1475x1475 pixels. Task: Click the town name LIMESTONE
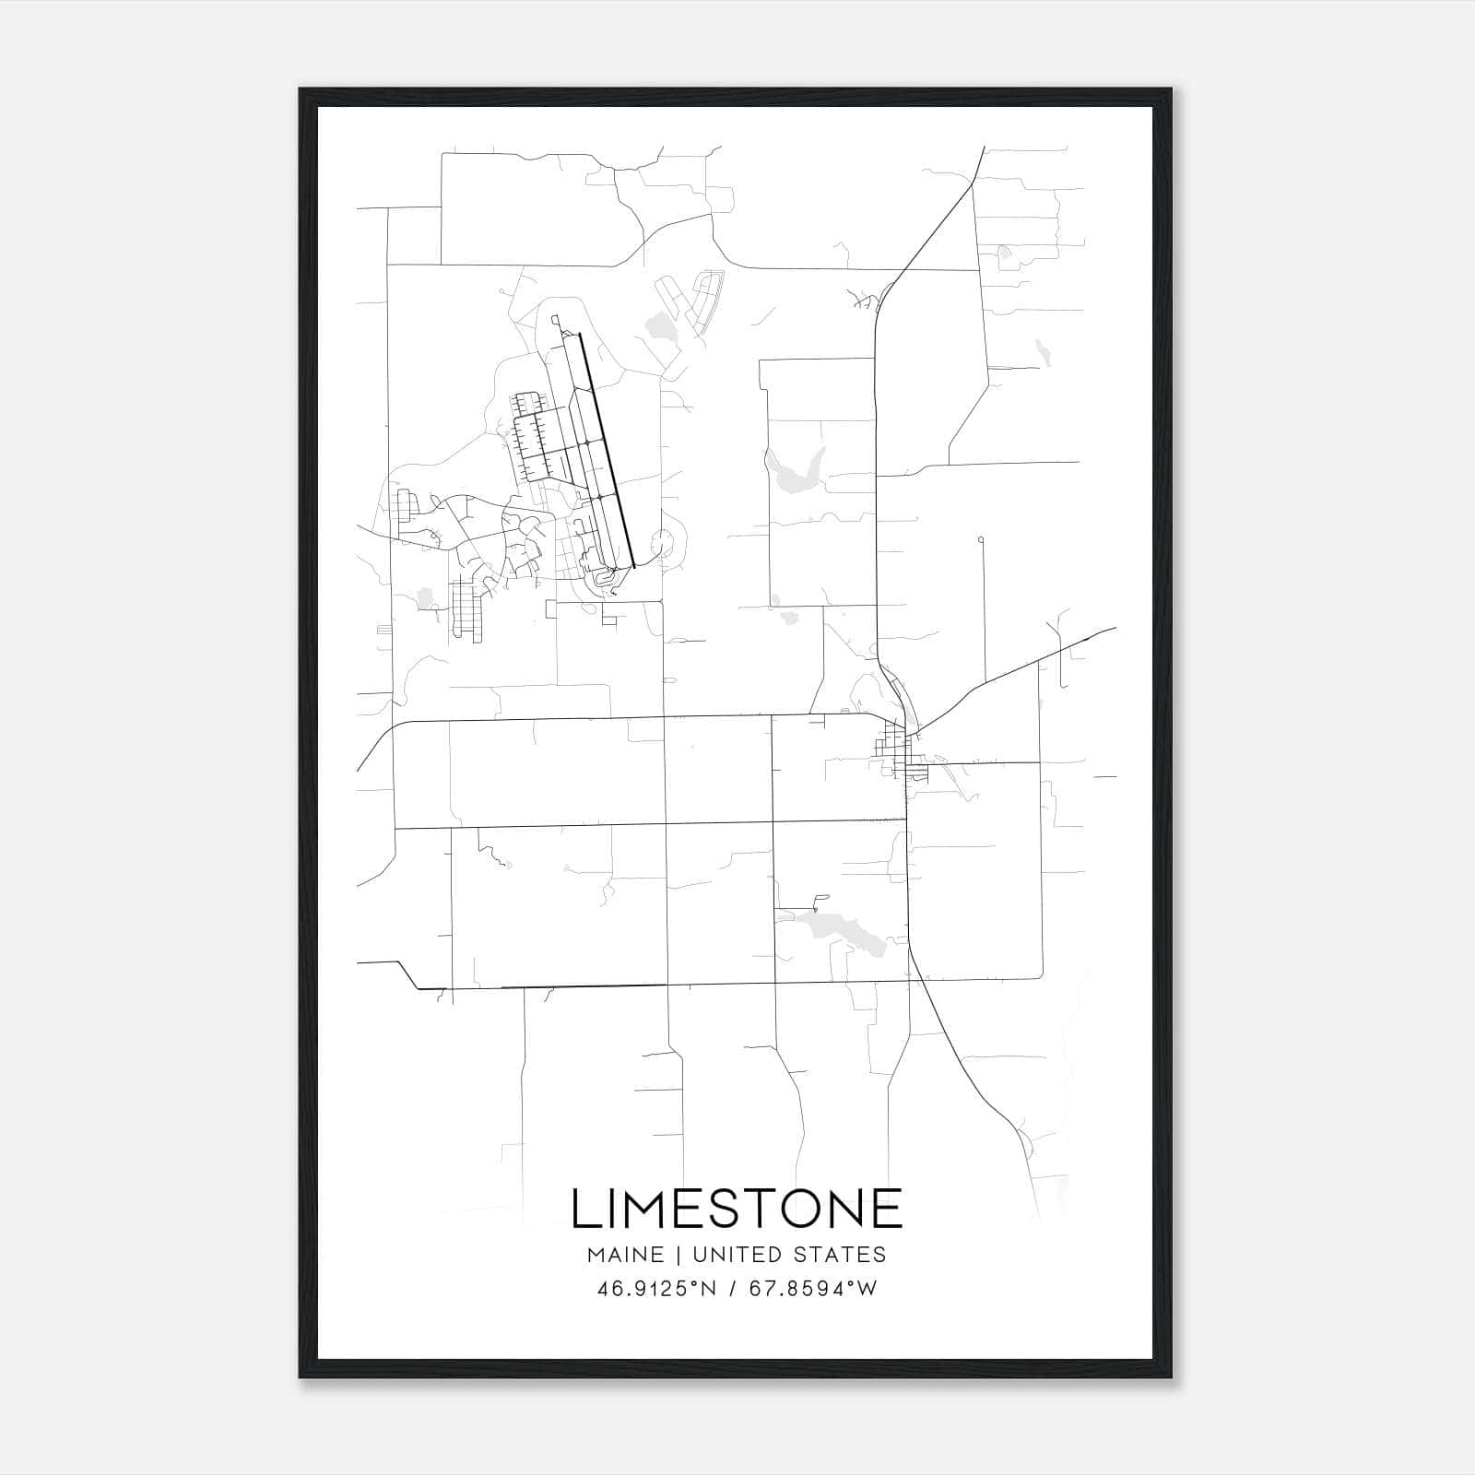[x=737, y=1209]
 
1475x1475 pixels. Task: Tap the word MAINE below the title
[x=623, y=1255]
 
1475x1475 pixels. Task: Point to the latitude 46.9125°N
[x=656, y=1289]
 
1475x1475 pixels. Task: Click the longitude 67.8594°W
[x=812, y=1289]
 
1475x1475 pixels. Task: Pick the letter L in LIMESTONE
[x=584, y=1209]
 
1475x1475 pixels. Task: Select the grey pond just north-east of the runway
[x=660, y=325]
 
